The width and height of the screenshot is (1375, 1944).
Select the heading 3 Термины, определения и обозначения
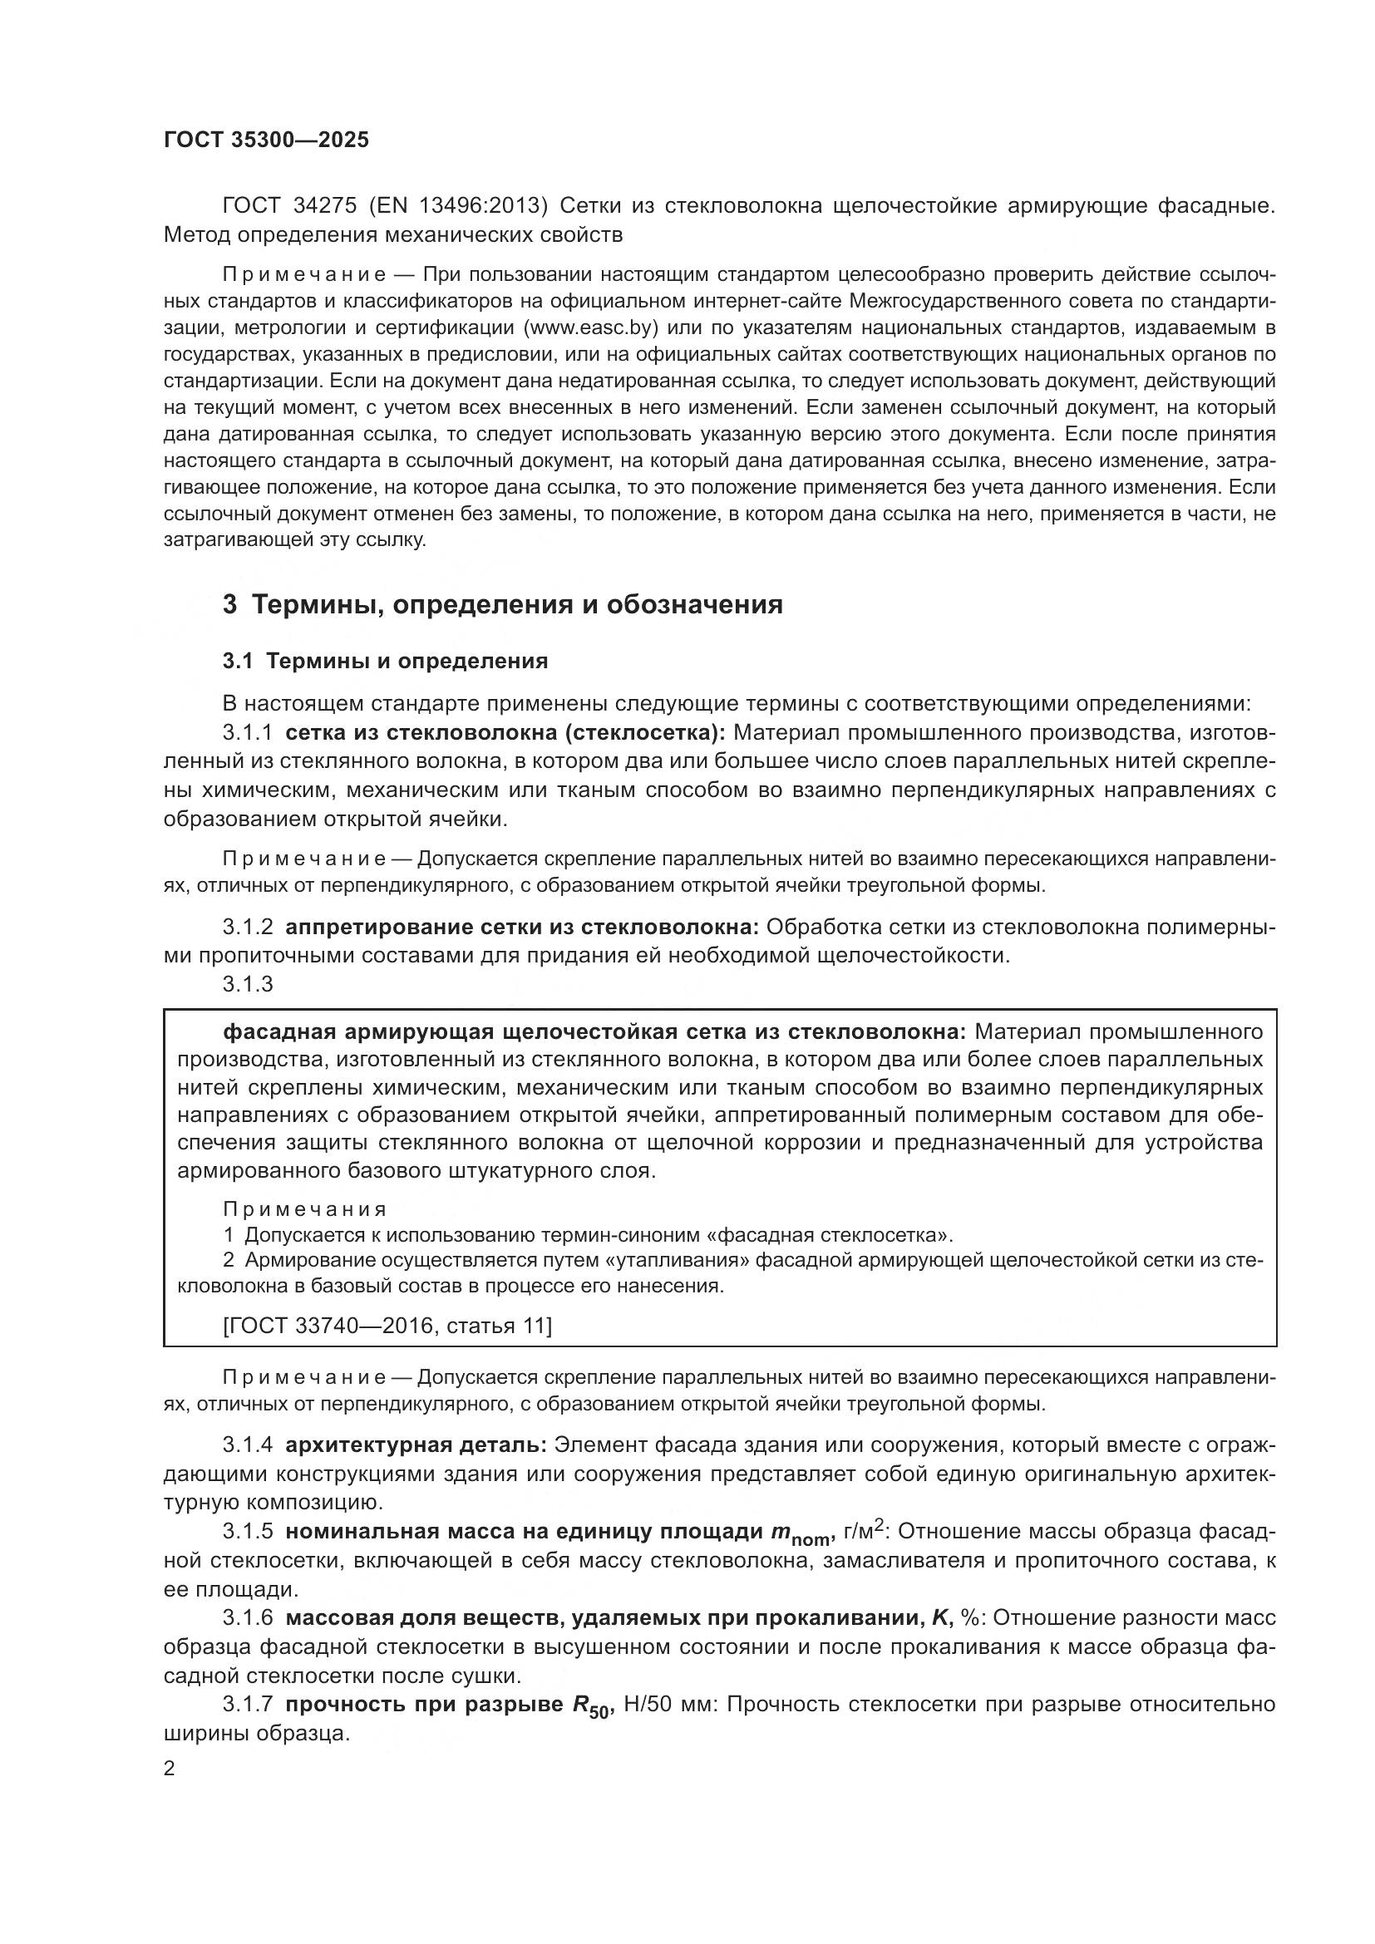point(502,604)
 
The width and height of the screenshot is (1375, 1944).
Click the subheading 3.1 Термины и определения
point(385,662)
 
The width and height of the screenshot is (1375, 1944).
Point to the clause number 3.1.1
point(247,732)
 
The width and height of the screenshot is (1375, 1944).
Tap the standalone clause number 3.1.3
point(247,984)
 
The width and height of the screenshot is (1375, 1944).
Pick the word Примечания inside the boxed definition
point(305,1209)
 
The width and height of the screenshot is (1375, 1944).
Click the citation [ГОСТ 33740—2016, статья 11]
point(387,1326)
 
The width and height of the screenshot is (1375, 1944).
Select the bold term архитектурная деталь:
point(416,1444)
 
